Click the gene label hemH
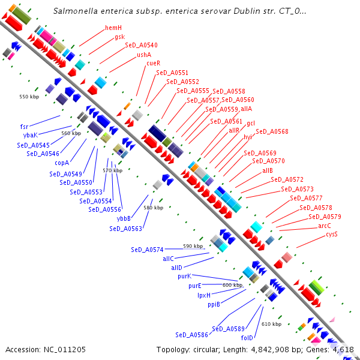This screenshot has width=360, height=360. (113, 28)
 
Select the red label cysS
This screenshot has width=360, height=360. (331, 234)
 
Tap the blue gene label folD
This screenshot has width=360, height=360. (247, 338)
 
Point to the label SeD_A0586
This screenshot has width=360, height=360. (192, 335)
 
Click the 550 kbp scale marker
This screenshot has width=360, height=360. (29, 96)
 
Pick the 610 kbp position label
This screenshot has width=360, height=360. (271, 324)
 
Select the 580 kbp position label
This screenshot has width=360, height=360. (154, 208)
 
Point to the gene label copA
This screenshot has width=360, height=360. (62, 162)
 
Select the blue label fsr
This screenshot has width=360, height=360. (24, 127)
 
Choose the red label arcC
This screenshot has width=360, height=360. (325, 226)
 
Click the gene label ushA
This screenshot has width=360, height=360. (145, 54)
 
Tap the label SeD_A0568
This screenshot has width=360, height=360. (272, 131)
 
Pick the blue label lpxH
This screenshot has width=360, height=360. (204, 295)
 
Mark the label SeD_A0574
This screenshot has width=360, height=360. (147, 249)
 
